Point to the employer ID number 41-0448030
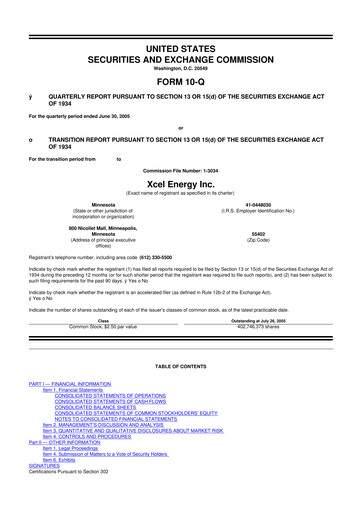point(250,205)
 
